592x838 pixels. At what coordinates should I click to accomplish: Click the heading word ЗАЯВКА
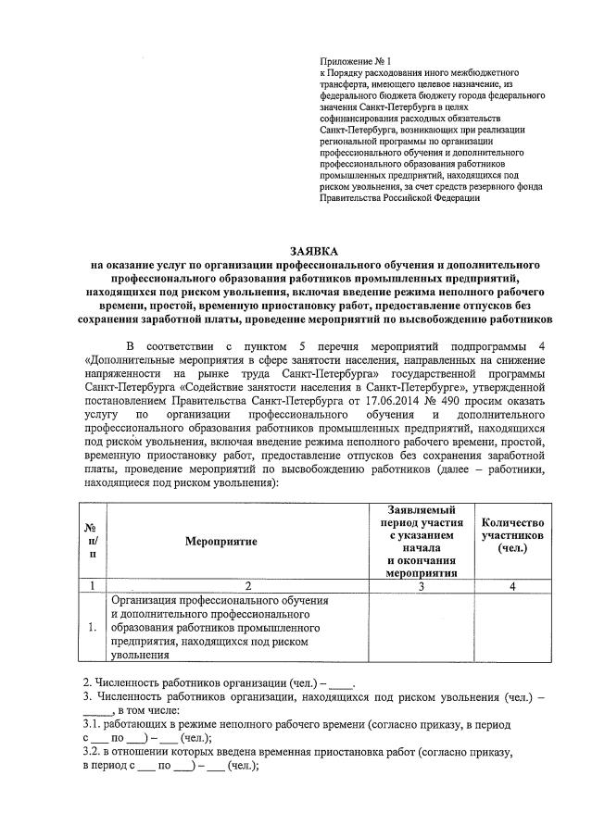[x=315, y=250]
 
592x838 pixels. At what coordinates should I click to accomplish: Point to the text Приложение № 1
[x=352, y=61]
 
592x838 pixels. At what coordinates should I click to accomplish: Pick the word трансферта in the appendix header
[x=345, y=83]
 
